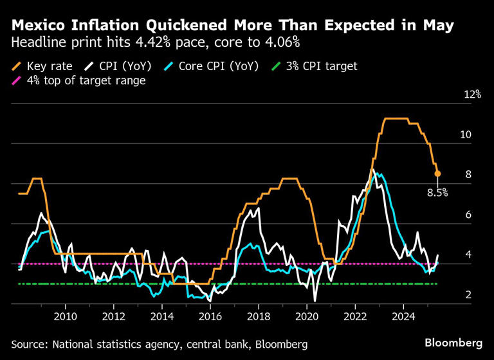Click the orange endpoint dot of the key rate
438,174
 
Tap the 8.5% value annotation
437,192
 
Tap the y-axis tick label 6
469,215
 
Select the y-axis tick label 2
469,295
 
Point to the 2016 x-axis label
210,316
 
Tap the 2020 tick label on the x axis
307,316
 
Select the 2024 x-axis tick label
403,316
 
